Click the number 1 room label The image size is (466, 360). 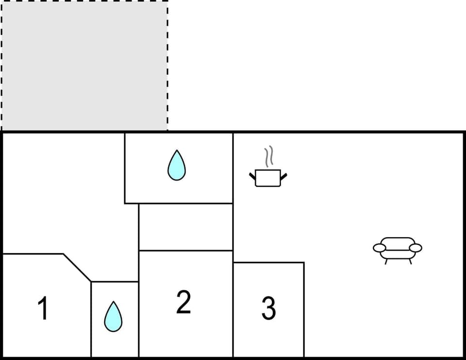[x=43, y=309]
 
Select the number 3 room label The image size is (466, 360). [x=268, y=308]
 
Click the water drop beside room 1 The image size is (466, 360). [x=114, y=317]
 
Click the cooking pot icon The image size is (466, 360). [x=268, y=177]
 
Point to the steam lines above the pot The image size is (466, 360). [x=268, y=157]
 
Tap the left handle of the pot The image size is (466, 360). [x=252, y=175]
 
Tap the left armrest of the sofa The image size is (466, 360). [x=379, y=248]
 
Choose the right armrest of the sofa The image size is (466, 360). [x=416, y=248]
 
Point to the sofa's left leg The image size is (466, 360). [x=386, y=261]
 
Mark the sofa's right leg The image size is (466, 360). [x=409, y=261]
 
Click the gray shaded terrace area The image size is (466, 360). [x=84, y=66]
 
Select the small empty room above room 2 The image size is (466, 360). [x=185, y=227]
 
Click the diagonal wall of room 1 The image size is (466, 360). [x=77, y=268]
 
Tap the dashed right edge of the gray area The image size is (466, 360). [x=167, y=66]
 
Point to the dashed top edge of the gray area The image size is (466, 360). [x=84, y=1]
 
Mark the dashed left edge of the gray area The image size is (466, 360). [x=2, y=66]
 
